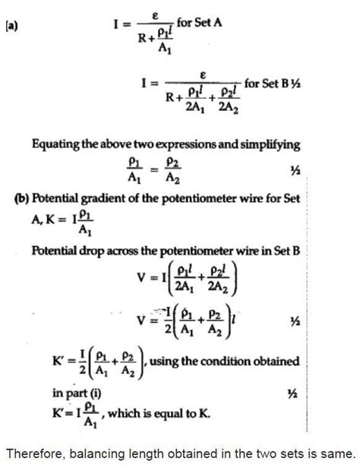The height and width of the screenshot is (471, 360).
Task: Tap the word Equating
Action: [57, 145]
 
